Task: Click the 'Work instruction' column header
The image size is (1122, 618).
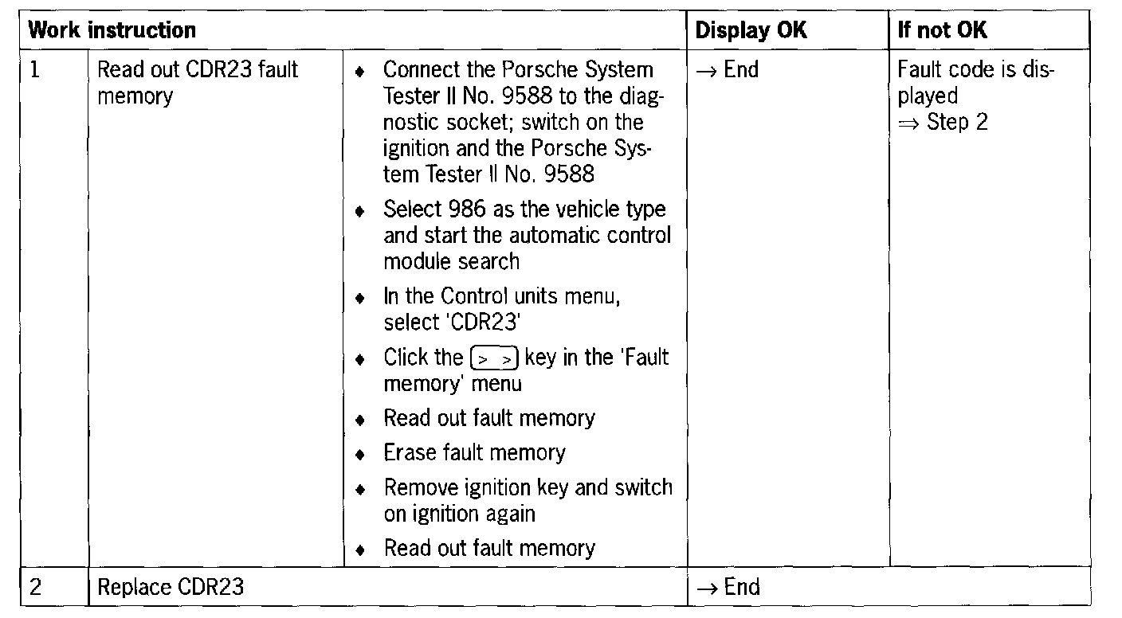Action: [x=112, y=31]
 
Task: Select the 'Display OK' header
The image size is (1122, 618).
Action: [x=751, y=31]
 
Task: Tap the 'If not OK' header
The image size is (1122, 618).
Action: [x=942, y=31]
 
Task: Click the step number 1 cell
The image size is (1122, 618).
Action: [x=35, y=70]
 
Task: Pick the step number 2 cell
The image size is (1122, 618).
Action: [x=35, y=588]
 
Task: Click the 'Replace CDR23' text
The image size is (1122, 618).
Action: [x=170, y=588]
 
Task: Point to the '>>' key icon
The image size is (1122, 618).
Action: [x=495, y=359]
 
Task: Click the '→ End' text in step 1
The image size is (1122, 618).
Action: [x=727, y=70]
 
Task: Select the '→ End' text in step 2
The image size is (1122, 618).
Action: [x=728, y=588]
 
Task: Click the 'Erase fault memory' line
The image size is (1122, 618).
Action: [x=474, y=453]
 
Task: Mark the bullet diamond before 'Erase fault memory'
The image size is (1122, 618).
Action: [x=361, y=455]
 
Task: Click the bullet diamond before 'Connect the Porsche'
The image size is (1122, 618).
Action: [x=361, y=72]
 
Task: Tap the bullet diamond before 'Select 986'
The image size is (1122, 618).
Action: [x=361, y=211]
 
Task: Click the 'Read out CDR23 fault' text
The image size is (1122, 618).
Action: [x=197, y=70]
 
